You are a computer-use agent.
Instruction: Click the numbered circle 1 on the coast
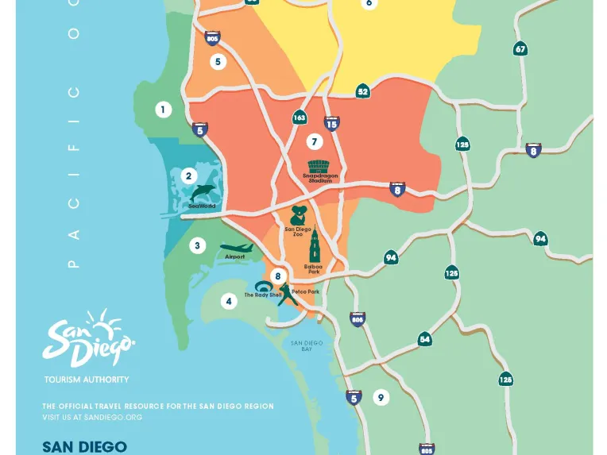pyautogui.click(x=163, y=110)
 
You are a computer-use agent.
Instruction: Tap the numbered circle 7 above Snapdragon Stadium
pyautogui.click(x=315, y=142)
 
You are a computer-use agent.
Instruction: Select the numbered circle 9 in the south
pyautogui.click(x=381, y=397)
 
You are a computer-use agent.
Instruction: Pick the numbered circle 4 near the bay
pyautogui.click(x=229, y=301)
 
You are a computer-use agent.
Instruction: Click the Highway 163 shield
pyautogui.click(x=299, y=118)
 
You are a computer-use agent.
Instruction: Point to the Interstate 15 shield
pyautogui.click(x=331, y=123)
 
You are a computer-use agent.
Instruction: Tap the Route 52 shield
pyautogui.click(x=362, y=91)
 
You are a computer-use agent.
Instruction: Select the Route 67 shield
pyautogui.click(x=520, y=48)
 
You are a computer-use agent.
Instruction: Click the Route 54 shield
pyautogui.click(x=425, y=339)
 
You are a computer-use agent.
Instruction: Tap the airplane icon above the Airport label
pyautogui.click(x=236, y=248)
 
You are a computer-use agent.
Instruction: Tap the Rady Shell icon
pyautogui.click(x=263, y=287)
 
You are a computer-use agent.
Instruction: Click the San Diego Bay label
pyautogui.click(x=306, y=346)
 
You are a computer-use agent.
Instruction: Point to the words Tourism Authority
pyautogui.click(x=87, y=380)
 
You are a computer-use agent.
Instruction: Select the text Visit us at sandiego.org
pyautogui.click(x=92, y=417)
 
